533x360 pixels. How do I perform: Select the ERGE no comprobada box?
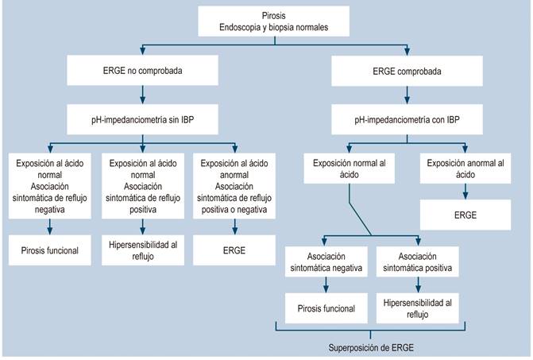[142, 70]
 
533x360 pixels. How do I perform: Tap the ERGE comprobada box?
[408, 70]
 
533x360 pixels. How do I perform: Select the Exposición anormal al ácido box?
[466, 170]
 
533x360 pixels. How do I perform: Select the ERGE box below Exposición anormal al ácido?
[466, 214]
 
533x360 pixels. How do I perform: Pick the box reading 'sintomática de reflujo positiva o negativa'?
[236, 187]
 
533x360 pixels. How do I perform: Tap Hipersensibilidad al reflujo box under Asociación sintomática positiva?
[416, 308]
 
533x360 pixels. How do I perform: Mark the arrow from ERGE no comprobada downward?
[142, 94]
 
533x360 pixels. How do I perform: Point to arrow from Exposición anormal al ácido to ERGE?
[466, 192]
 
